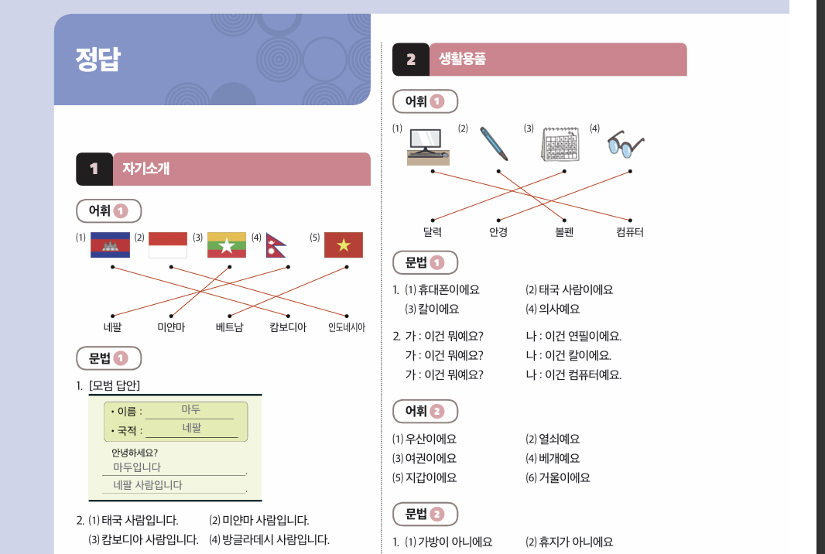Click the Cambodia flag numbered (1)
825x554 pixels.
point(110,245)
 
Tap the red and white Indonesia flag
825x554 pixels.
point(168,245)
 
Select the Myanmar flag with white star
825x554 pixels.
point(227,245)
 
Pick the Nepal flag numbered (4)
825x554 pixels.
point(276,245)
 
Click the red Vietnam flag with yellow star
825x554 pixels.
point(344,245)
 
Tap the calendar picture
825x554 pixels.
point(561,144)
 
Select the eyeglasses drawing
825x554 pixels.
point(625,143)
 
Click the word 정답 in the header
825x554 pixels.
point(98,60)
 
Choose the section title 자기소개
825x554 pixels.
point(145,169)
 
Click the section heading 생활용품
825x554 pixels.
point(462,59)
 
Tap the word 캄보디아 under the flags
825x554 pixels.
point(288,327)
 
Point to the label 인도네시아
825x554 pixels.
point(346,327)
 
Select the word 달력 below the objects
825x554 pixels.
point(432,231)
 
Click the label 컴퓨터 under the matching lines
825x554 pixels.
point(629,231)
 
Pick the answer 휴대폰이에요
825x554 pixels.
point(449,289)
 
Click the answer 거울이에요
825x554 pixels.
point(563,477)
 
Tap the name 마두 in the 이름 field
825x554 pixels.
point(191,409)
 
